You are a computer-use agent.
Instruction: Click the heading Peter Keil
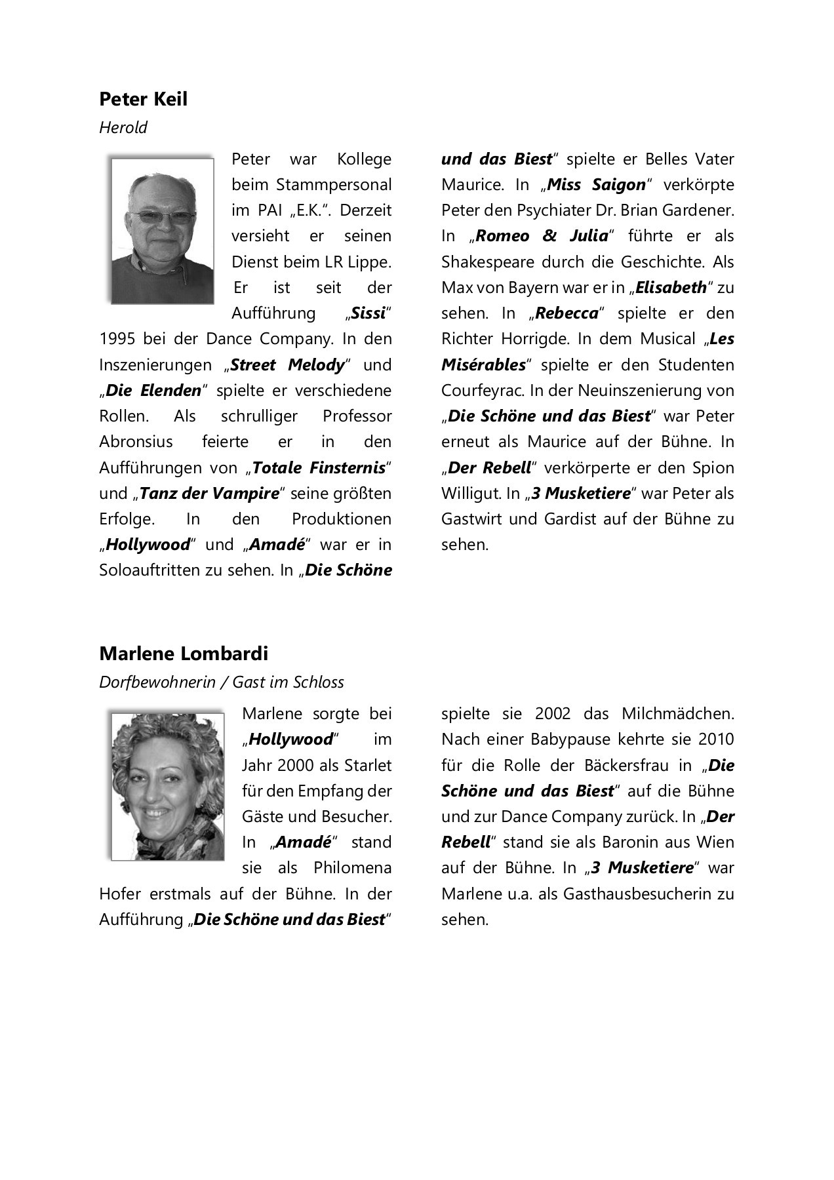coord(143,99)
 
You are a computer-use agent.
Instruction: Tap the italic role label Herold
coord(123,127)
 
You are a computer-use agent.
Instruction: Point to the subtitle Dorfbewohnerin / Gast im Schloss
coord(222,682)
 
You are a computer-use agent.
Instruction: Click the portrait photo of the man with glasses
coord(163,231)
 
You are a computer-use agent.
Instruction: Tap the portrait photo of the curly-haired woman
coord(167,785)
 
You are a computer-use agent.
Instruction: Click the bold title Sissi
coord(368,313)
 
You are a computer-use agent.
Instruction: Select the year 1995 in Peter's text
coord(117,339)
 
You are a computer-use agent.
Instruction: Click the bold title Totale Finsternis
coord(319,468)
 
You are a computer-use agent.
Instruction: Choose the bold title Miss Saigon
coord(596,185)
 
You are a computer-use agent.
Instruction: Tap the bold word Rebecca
coord(566,313)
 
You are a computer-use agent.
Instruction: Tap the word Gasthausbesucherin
coord(630,894)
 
